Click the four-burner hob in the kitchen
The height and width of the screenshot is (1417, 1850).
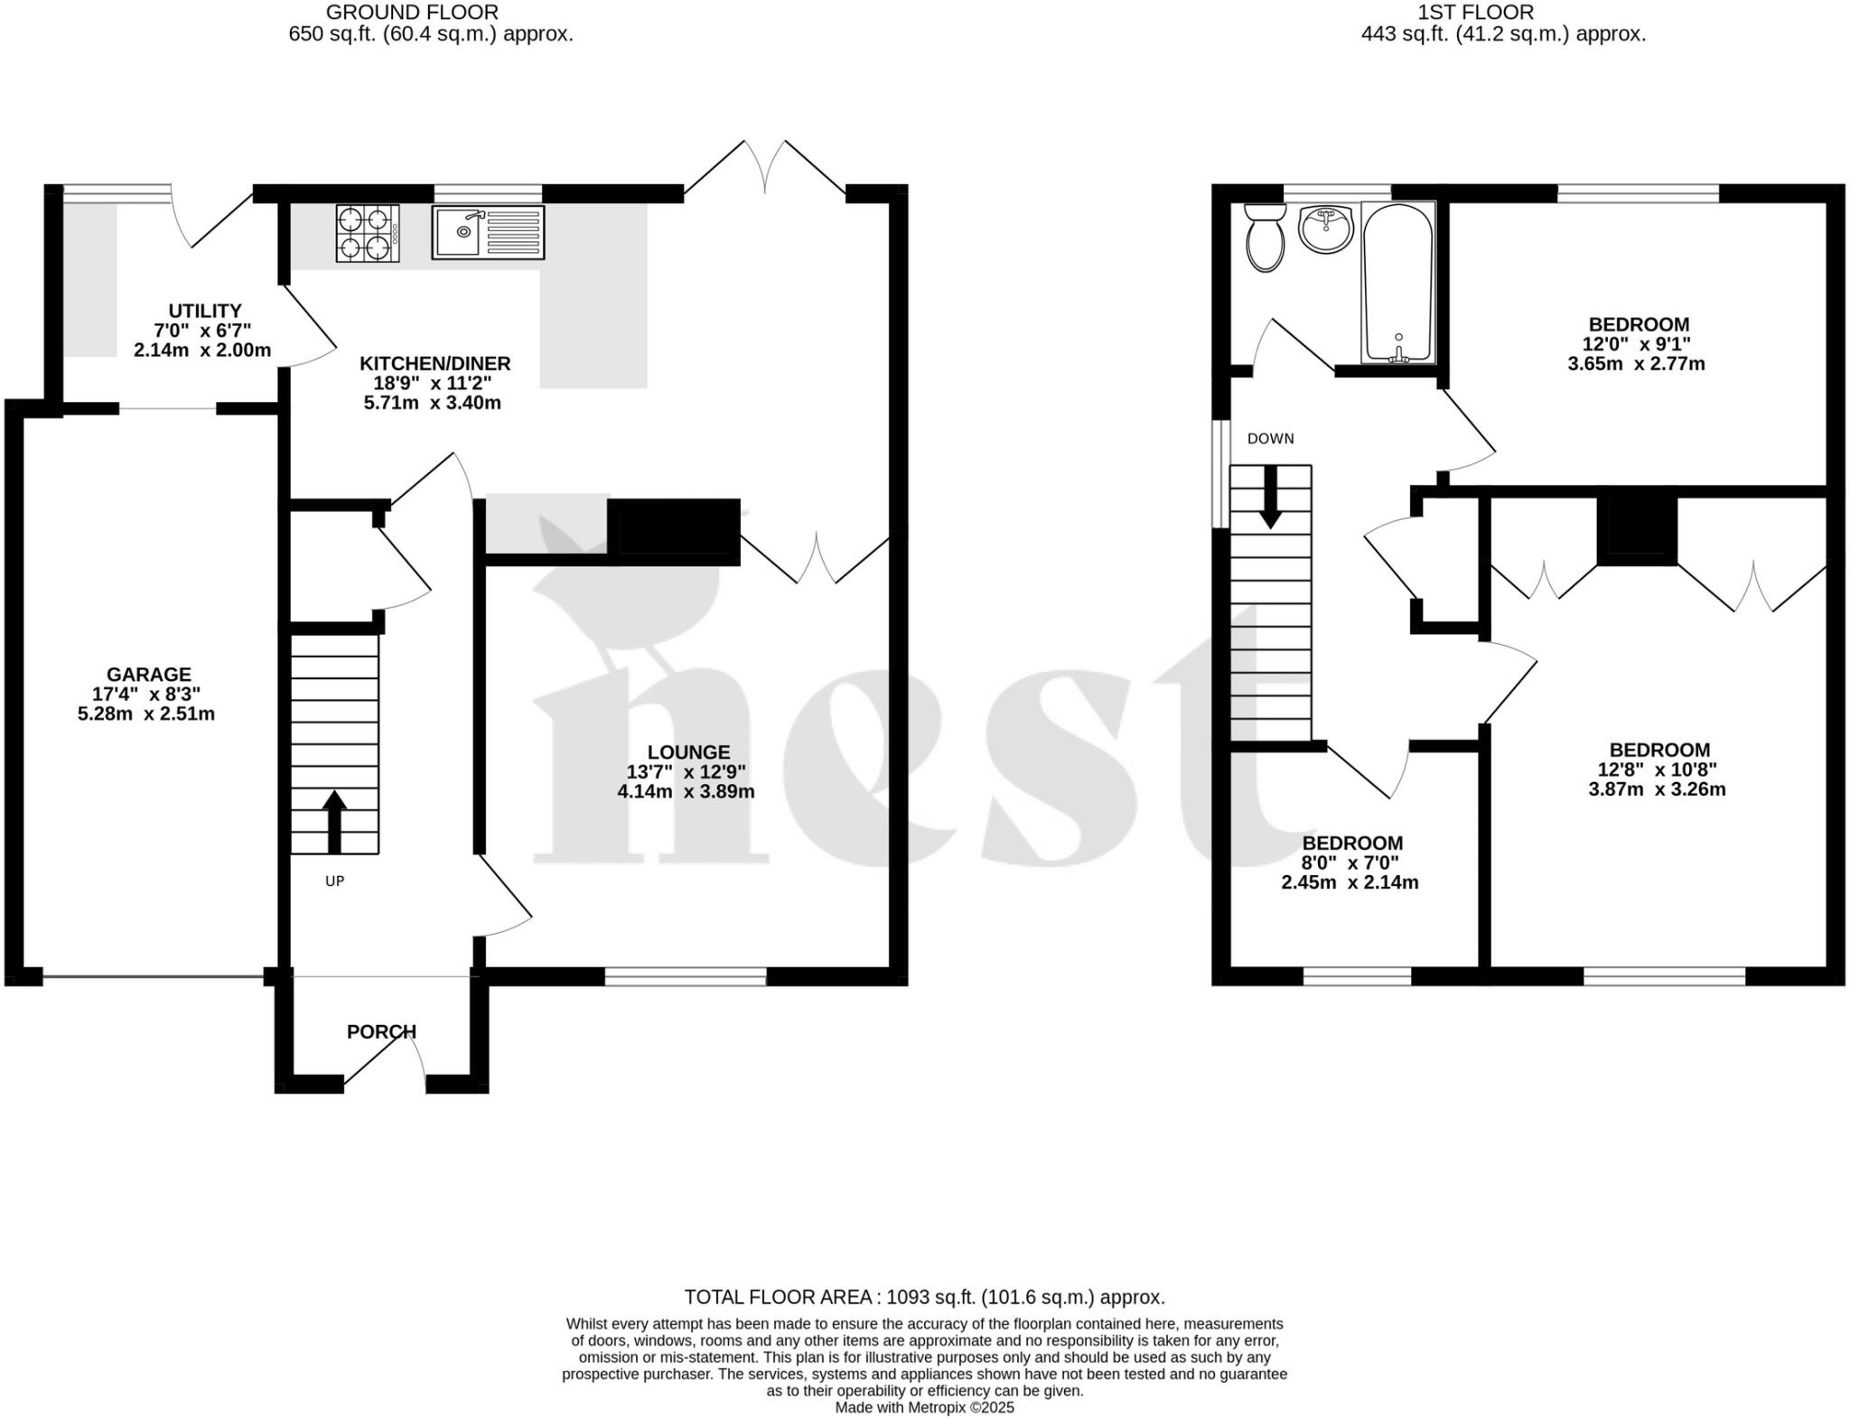(x=368, y=233)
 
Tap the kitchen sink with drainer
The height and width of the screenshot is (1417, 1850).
(x=488, y=233)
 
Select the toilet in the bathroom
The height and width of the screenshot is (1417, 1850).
(x=1265, y=238)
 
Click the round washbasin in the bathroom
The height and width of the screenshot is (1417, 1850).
(x=1325, y=229)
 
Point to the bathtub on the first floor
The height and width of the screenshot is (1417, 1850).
(x=1397, y=283)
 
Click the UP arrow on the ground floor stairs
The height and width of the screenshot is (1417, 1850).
(x=334, y=821)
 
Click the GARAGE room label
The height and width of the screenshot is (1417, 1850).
(x=148, y=675)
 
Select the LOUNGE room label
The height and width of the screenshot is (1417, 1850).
(x=688, y=752)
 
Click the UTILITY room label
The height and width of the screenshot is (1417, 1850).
(x=205, y=311)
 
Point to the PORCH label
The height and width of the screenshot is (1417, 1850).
(x=381, y=1031)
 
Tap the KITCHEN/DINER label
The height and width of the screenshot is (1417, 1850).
(x=434, y=364)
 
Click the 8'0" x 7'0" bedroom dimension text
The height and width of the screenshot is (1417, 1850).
(x=1350, y=862)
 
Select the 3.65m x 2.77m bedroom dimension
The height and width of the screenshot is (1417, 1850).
(x=1636, y=364)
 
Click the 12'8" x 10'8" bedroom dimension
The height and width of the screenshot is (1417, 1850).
(x=1658, y=769)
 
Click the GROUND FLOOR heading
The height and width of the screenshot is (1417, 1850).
(x=411, y=13)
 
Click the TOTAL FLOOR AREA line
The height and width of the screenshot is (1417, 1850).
(x=924, y=1298)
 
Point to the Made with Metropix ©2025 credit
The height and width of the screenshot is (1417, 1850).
(x=924, y=1407)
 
